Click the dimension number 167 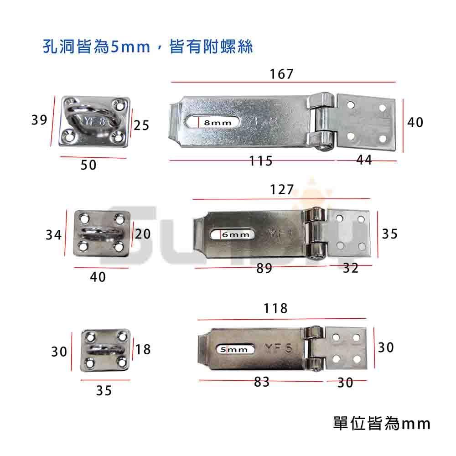tap(281, 74)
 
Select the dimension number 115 tap(260, 161)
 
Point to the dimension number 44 tap(363, 160)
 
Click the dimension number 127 tap(281, 190)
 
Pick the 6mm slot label tap(236, 235)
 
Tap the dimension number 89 tap(264, 269)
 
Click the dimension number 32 tap(351, 268)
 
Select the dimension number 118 tap(276, 309)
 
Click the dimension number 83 tap(262, 382)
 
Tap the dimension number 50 tap(89, 165)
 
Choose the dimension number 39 tap(40, 120)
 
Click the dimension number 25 tap(142, 124)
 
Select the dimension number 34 tap(53, 235)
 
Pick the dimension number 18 tap(143, 350)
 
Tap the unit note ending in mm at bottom tap(382, 424)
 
